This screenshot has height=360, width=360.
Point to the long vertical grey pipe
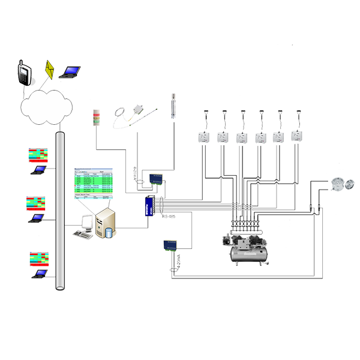click(x=60, y=210)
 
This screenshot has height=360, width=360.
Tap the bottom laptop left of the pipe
click(x=41, y=273)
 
